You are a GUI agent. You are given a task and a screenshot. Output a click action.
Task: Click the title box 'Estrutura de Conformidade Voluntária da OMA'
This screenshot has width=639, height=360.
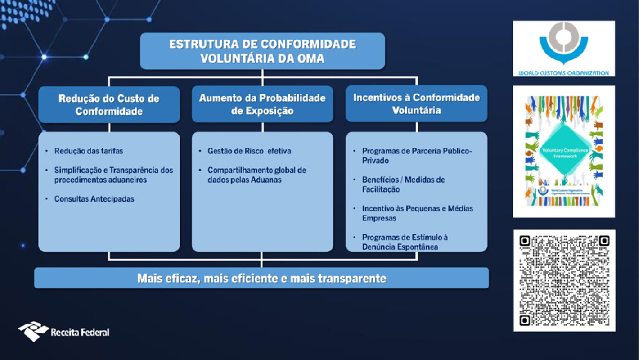(x=262, y=51)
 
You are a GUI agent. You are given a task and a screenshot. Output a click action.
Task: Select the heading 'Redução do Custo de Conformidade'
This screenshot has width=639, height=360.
(x=109, y=105)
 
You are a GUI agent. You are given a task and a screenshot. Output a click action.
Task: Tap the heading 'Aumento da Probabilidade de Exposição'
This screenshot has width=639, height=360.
(x=262, y=104)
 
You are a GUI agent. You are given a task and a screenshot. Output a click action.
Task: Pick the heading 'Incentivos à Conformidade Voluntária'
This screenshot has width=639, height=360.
(x=416, y=104)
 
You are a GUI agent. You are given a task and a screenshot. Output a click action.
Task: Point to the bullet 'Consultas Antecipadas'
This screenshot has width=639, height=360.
(x=94, y=199)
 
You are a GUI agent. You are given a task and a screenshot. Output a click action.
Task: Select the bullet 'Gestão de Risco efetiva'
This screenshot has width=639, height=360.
(x=249, y=151)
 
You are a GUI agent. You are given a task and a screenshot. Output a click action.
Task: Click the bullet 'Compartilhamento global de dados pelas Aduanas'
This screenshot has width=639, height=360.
(x=256, y=175)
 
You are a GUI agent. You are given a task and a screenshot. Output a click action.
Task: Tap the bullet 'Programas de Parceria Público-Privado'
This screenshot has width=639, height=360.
(x=417, y=156)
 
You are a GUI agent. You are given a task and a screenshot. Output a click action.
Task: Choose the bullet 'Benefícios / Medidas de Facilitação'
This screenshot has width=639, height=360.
(x=403, y=184)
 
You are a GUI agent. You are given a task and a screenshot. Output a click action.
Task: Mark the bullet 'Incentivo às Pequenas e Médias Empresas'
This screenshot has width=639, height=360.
(x=417, y=213)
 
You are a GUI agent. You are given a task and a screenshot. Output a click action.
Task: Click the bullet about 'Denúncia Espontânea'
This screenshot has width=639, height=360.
(x=405, y=242)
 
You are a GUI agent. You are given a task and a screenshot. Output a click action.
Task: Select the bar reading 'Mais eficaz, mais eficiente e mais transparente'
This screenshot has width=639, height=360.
(x=261, y=278)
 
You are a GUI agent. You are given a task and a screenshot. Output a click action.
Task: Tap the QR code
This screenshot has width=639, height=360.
(x=564, y=280)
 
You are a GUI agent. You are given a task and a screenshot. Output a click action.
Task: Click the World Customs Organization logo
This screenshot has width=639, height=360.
(x=564, y=49)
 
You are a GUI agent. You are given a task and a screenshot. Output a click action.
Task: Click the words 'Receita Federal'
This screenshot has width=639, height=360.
(x=80, y=333)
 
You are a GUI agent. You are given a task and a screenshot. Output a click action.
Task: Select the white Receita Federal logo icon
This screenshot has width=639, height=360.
(x=33, y=331)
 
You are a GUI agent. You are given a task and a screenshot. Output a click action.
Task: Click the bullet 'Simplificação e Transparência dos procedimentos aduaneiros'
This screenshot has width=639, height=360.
(x=113, y=175)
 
